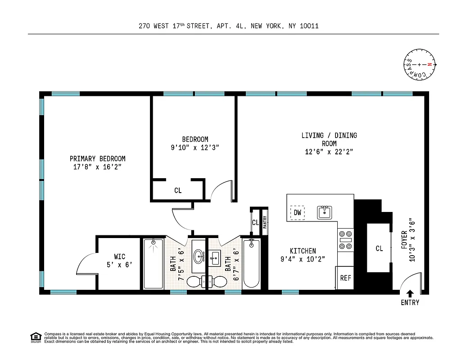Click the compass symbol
tap(420, 64)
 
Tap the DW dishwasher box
tap(297, 212)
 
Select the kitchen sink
tap(324, 212)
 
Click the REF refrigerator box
tap(345, 278)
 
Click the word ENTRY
tap(410, 303)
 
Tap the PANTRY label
tap(265, 222)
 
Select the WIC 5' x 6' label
tap(119, 261)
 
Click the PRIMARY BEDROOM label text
tap(97, 159)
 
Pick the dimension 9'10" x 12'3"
tap(195, 148)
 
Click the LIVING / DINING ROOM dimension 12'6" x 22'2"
tap(329, 152)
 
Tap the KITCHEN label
tap(303, 251)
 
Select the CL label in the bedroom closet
tap(178, 190)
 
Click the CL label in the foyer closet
tap(379, 248)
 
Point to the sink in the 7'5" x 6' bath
tap(198, 257)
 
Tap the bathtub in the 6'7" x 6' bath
tap(252, 265)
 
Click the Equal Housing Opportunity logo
tap(36, 337)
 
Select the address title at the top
tap(229, 26)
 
